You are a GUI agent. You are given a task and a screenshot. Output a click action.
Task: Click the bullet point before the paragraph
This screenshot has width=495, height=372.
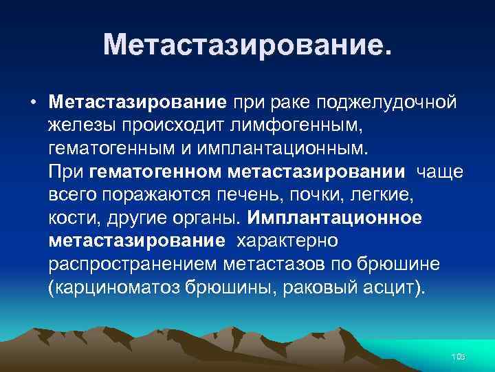click(x=33, y=104)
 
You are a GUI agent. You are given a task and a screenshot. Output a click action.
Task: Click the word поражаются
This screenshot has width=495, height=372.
click(x=148, y=194)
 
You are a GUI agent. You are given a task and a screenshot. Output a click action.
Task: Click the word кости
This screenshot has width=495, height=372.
click(x=72, y=218)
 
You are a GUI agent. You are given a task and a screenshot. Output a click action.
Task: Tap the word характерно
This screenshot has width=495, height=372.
click(x=287, y=240)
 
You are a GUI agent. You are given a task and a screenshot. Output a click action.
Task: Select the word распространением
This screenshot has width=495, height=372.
click(x=134, y=263)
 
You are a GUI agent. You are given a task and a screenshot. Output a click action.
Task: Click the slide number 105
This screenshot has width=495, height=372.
click(x=457, y=356)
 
